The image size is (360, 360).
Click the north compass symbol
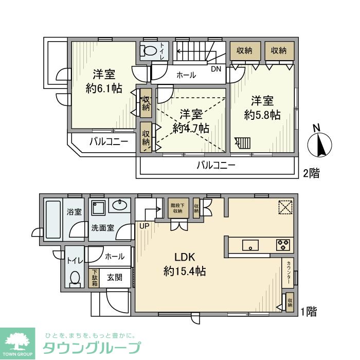[x=319, y=145]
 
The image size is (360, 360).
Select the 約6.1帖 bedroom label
[x=104, y=81]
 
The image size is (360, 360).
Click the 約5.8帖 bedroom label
[x=262, y=108]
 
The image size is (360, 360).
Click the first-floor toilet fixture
[x=75, y=278]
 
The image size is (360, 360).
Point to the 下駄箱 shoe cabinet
[x=95, y=278]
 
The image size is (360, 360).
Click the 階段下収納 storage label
[x=178, y=208]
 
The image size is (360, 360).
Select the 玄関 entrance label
[x=114, y=278]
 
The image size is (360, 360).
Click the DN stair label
[x=216, y=68]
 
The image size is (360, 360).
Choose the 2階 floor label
[x=311, y=173]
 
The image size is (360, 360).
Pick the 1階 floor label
[x=309, y=311]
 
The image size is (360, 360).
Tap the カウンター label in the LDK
[x=289, y=273]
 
